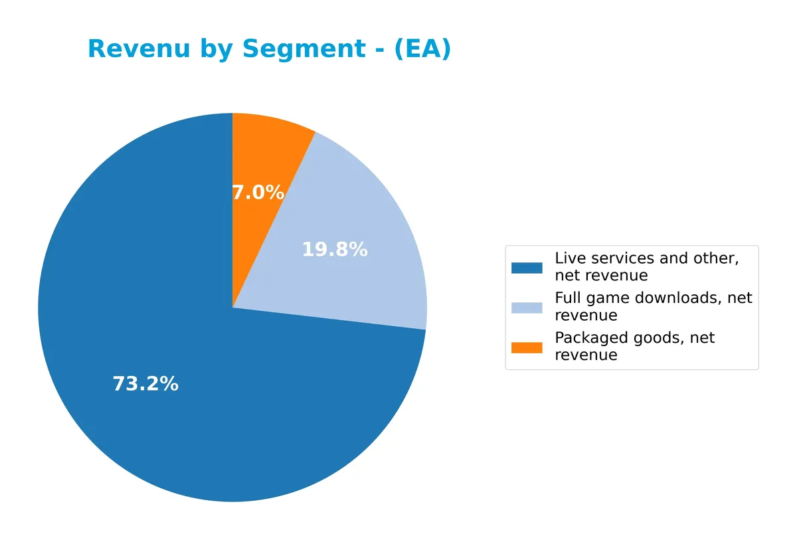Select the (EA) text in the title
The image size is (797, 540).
[x=422, y=49]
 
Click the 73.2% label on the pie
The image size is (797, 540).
[x=145, y=384]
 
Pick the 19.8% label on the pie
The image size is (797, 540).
[x=335, y=250]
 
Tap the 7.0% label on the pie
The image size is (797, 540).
[x=258, y=193]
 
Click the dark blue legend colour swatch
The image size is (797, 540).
[x=527, y=268]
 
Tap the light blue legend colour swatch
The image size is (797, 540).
[x=527, y=308]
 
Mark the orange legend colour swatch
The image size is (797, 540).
[x=527, y=347]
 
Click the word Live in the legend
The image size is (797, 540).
[x=568, y=258]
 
